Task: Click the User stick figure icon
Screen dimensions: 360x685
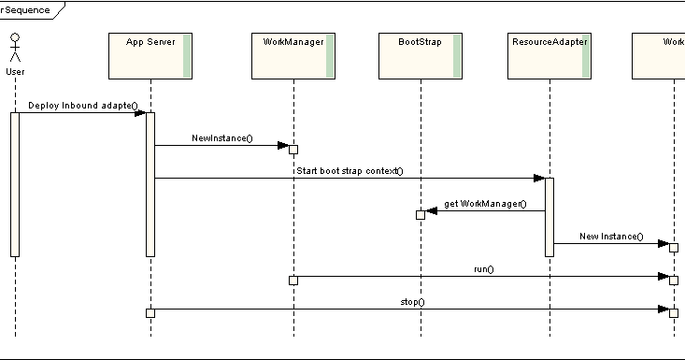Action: click(15, 49)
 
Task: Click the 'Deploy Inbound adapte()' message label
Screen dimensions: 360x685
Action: click(82, 106)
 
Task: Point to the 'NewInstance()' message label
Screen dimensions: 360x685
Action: click(221, 138)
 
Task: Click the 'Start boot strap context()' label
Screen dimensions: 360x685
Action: click(349, 170)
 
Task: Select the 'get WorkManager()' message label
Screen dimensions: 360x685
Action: click(485, 203)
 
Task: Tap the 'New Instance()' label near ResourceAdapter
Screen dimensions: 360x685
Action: click(611, 237)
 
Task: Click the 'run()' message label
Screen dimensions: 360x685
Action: click(483, 269)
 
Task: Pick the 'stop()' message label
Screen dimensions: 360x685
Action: click(412, 302)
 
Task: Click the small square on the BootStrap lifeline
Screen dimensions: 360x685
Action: click(421, 215)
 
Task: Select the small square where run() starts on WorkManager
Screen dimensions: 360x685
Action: click(293, 280)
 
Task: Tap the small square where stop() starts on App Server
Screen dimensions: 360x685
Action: click(150, 312)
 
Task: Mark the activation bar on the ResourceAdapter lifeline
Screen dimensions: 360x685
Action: click(549, 216)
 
